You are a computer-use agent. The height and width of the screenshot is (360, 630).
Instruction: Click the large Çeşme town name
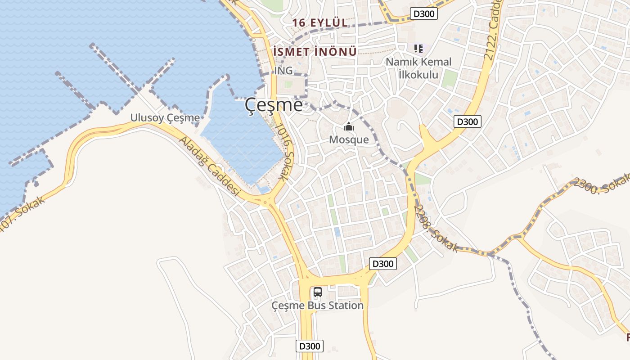(x=274, y=105)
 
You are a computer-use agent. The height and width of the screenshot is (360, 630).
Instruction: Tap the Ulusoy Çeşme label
(x=165, y=118)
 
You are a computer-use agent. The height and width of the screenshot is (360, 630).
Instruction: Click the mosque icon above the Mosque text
(x=349, y=127)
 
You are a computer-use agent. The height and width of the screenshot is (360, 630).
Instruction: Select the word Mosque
(x=349, y=139)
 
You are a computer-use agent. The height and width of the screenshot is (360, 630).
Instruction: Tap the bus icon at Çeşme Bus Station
(x=318, y=292)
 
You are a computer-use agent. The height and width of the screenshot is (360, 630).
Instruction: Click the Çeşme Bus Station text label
(x=317, y=306)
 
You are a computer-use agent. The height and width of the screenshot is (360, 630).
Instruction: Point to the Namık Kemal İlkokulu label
(x=418, y=68)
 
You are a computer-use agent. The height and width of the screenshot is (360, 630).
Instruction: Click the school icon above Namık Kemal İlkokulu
(x=418, y=48)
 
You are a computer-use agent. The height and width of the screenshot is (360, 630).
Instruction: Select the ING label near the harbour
(x=283, y=71)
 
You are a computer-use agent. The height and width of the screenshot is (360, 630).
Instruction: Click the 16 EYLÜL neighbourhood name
(x=319, y=22)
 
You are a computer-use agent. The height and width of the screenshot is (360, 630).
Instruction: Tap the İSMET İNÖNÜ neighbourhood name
(x=315, y=51)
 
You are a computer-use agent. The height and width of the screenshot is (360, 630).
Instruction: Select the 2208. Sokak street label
(x=436, y=228)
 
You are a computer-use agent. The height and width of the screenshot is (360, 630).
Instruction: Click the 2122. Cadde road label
(x=493, y=34)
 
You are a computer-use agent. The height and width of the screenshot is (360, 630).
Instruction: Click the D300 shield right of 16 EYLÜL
(x=424, y=14)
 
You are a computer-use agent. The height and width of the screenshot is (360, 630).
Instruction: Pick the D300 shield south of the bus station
(x=310, y=346)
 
